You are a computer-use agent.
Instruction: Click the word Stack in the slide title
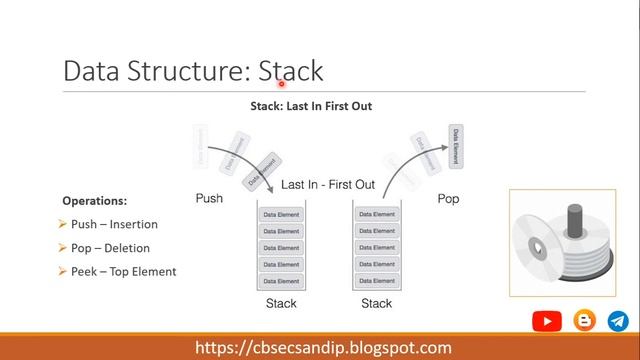click(x=291, y=71)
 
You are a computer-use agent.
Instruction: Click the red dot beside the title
click(x=283, y=84)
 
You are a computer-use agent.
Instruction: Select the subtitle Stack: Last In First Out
click(x=311, y=106)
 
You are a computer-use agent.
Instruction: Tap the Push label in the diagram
click(x=209, y=199)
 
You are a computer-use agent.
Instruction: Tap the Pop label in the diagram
click(x=449, y=199)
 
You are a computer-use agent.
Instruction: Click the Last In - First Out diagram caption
click(x=328, y=185)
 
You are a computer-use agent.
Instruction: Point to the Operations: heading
click(x=95, y=200)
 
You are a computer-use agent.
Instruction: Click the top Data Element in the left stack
click(x=281, y=215)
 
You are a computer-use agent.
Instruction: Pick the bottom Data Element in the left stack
click(x=281, y=280)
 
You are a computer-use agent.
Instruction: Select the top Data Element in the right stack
click(x=377, y=215)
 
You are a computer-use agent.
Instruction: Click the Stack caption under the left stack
click(x=281, y=304)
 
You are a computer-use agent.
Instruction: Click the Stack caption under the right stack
click(x=377, y=304)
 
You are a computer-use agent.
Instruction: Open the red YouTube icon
click(x=547, y=321)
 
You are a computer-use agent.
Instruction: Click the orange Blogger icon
click(x=584, y=321)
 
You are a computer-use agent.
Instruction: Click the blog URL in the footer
click(x=323, y=348)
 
